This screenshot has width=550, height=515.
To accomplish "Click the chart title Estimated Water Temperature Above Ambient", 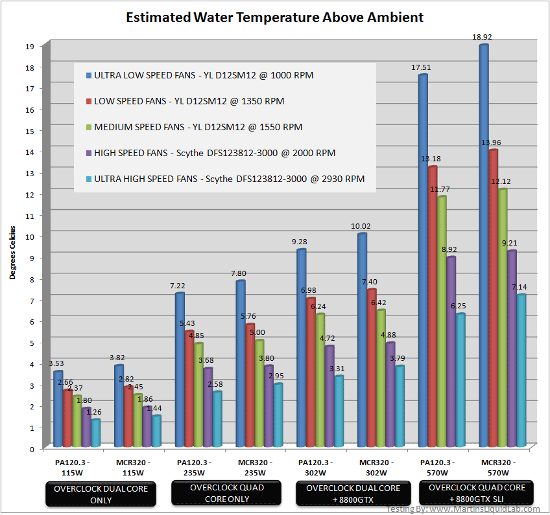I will pyautogui.click(x=274, y=17).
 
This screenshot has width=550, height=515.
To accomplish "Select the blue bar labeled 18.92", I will pyautogui.click(x=484, y=246).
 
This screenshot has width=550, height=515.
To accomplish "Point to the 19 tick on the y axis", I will pyautogui.click(x=30, y=46).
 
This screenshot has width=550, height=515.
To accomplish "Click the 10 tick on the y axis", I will pyautogui.click(x=30, y=236).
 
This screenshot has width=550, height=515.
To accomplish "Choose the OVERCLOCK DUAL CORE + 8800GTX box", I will pyautogui.click(x=353, y=494).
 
